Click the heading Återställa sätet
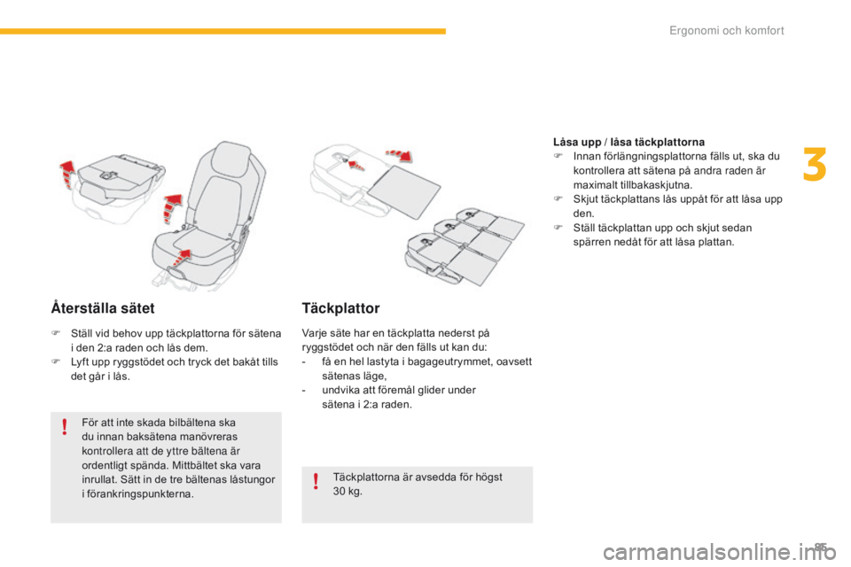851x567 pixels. click(x=103, y=308)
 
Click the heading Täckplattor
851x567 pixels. click(x=340, y=308)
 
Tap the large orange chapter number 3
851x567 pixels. click(x=815, y=165)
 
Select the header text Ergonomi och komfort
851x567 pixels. click(x=726, y=30)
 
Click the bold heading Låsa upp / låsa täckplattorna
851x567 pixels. click(x=628, y=142)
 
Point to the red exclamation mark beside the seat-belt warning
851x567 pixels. click(x=65, y=426)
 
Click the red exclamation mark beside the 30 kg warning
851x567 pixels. click(x=316, y=481)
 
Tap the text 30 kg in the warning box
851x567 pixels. click(x=347, y=492)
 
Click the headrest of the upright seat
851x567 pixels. click(x=231, y=157)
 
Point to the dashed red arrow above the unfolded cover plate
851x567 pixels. click(x=400, y=155)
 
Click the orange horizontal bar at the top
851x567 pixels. click(x=223, y=32)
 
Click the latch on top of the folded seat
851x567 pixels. click(x=108, y=175)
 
